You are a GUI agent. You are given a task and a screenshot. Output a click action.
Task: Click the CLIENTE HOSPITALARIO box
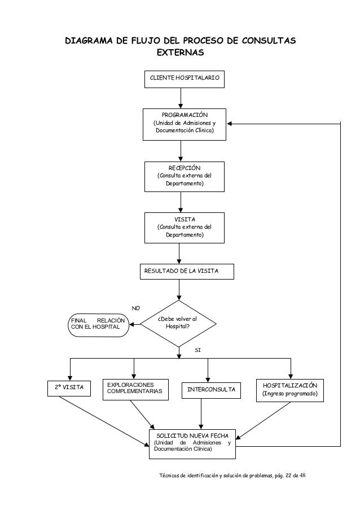click(x=184, y=79)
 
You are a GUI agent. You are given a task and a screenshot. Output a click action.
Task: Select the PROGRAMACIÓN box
click(x=184, y=124)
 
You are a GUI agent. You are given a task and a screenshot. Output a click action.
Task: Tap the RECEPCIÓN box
click(x=184, y=177)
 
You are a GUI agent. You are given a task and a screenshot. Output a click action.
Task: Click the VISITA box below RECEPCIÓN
click(x=184, y=228)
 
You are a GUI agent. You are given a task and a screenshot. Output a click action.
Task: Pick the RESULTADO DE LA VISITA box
click(x=187, y=272)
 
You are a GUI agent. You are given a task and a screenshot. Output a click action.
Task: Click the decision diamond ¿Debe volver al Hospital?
click(x=178, y=324)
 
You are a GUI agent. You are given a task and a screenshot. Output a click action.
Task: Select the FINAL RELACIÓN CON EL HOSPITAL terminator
click(x=98, y=325)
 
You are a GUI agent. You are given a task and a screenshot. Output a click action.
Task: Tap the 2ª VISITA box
click(x=69, y=389)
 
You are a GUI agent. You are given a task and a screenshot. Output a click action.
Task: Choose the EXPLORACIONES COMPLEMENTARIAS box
click(x=135, y=389)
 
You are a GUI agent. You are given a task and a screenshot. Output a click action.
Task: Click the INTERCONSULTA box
click(x=211, y=390)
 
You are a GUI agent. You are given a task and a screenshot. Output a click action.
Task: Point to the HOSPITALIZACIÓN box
click(x=290, y=390)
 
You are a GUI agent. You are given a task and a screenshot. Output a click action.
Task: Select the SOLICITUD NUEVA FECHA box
click(x=192, y=444)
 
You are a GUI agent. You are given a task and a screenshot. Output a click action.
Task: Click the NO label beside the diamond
click(x=136, y=308)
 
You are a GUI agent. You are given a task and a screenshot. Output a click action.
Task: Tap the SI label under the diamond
click(x=198, y=350)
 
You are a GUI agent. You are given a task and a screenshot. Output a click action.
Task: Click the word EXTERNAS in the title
click(x=181, y=53)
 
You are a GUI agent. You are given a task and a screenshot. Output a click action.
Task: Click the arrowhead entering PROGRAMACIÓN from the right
click(x=229, y=124)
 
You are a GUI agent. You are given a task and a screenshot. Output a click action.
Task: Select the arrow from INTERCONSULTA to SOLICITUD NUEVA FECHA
click(x=201, y=414)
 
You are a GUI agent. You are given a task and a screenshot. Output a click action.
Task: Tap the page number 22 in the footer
click(x=288, y=476)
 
